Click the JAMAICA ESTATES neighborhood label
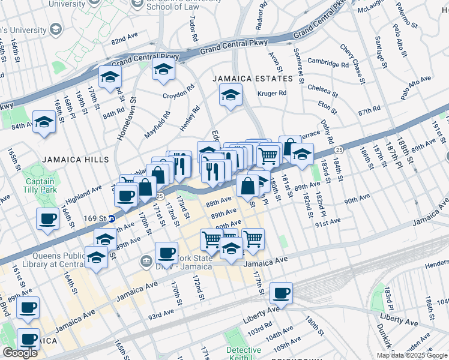pyautogui.click(x=253, y=79)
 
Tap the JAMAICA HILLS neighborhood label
pyautogui.click(x=76, y=160)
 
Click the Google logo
pyautogui.click(x=20, y=353)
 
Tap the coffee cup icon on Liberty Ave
pyautogui.click(x=280, y=293)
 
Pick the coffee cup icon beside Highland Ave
pyautogui.click(x=125, y=195)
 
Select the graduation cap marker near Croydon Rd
pyautogui.click(x=163, y=70)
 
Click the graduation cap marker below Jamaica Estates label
pyautogui.click(x=230, y=95)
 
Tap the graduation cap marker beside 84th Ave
pyautogui.click(x=44, y=122)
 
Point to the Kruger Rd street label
pyautogui.click(x=272, y=93)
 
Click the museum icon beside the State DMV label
pyautogui.click(x=146, y=261)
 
